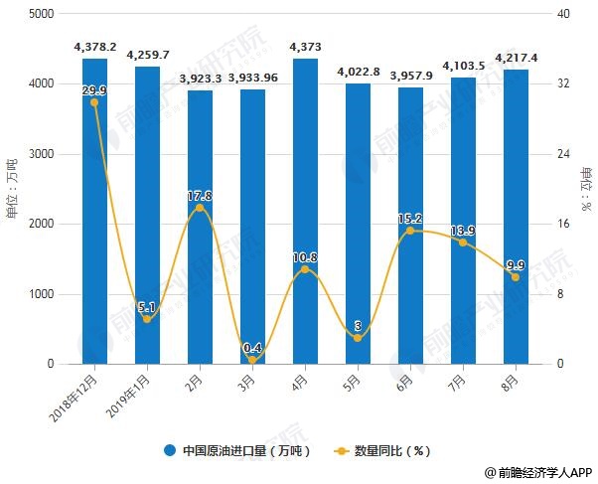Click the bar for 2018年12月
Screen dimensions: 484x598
pyautogui.click(x=94, y=211)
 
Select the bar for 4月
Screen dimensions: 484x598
pyautogui.click(x=304, y=211)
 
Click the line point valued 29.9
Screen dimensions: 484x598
pyautogui.click(x=94, y=102)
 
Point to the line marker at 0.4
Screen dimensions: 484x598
pyautogui.click(x=252, y=360)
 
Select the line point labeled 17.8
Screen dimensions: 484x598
pyautogui.click(x=200, y=208)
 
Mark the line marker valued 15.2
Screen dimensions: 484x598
pyautogui.click(x=410, y=231)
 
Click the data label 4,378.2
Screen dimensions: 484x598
pyautogui.click(x=95, y=47)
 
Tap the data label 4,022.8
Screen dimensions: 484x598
pyautogui.click(x=358, y=72)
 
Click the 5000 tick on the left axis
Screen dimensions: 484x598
pyautogui.click(x=41, y=15)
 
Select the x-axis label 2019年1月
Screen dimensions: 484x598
pyautogui.click(x=130, y=389)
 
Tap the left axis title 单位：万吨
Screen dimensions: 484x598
pyautogui.click(x=12, y=189)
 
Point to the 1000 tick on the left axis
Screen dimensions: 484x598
pyautogui.click(x=41, y=294)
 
